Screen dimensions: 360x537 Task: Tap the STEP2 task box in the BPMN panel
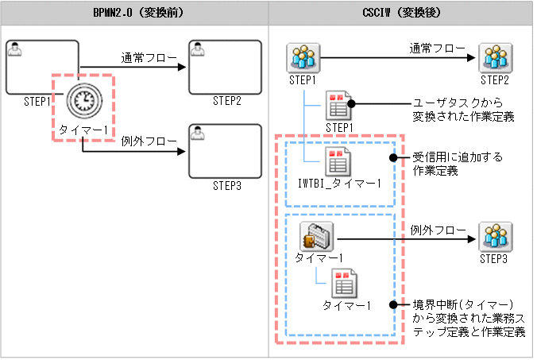pyautogui.click(x=226, y=67)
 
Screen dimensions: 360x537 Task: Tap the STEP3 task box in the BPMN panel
pyautogui.click(x=226, y=151)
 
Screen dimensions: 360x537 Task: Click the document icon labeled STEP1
pyautogui.click(x=339, y=105)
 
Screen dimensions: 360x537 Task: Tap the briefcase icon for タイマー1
pyautogui.click(x=319, y=236)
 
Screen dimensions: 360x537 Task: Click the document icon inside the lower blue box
pyautogui.click(x=346, y=283)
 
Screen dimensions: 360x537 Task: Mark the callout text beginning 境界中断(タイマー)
pyautogui.click(x=469, y=318)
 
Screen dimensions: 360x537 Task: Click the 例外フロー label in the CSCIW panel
pyautogui.click(x=438, y=230)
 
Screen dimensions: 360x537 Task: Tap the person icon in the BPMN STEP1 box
pyautogui.click(x=14, y=50)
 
